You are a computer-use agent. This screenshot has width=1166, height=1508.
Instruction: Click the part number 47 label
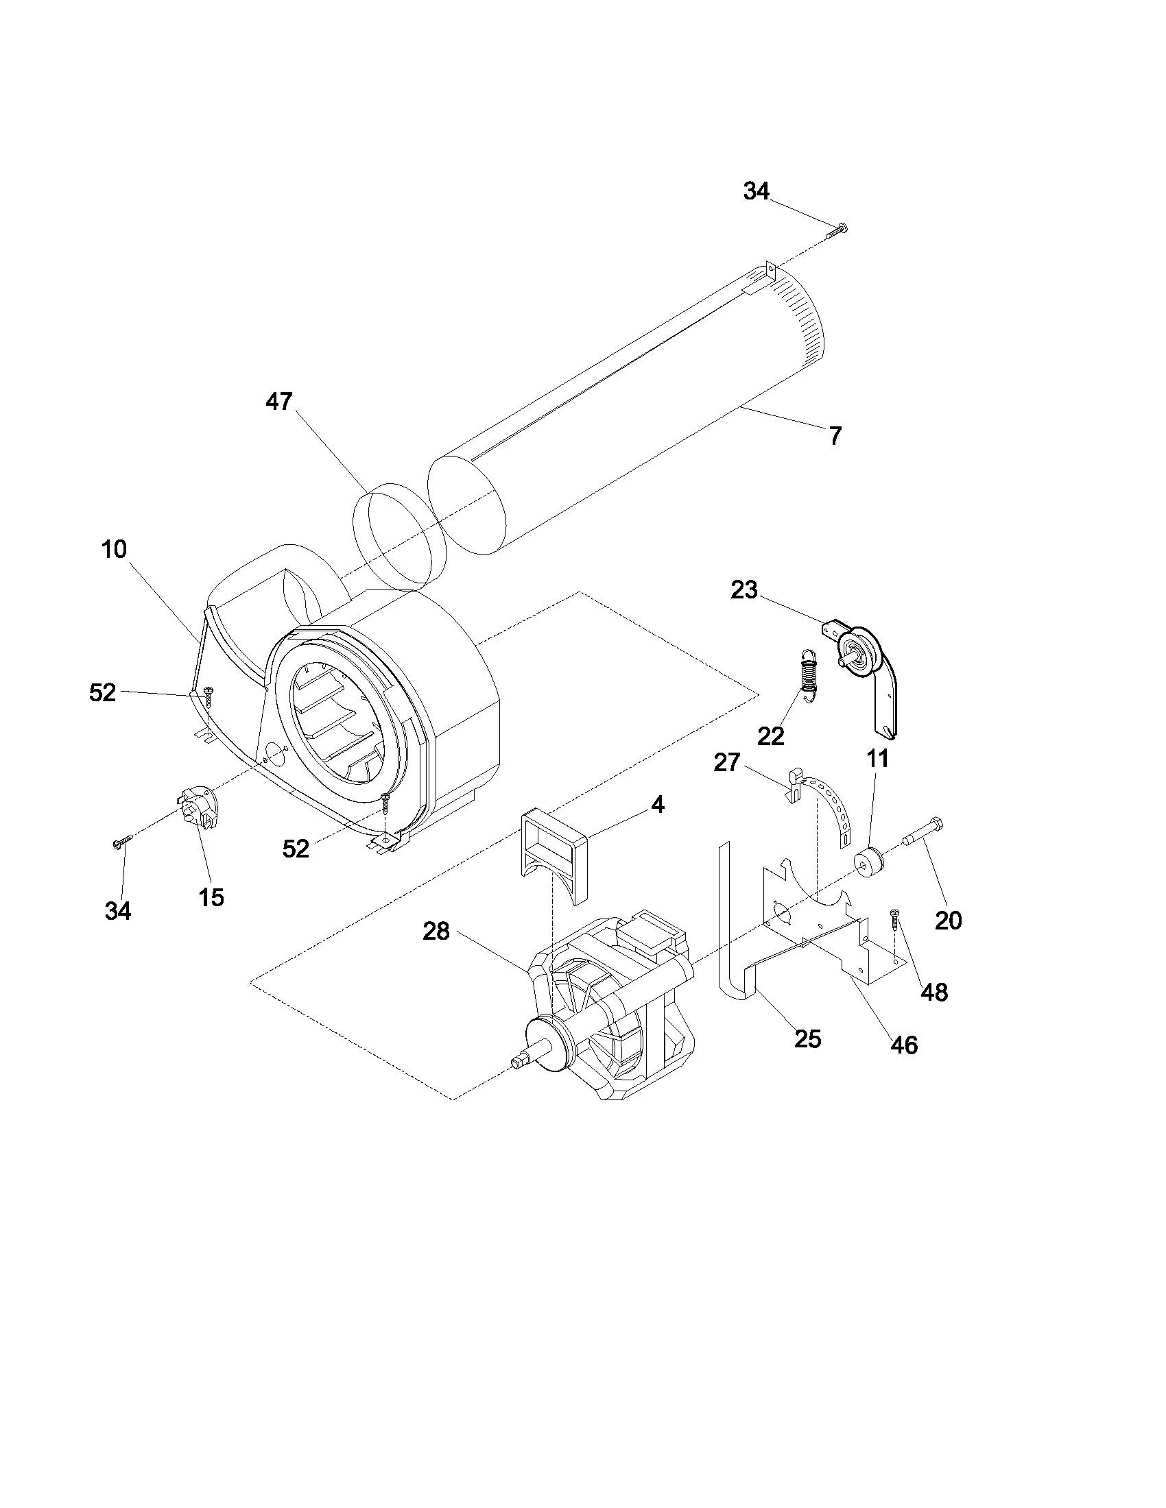tap(279, 402)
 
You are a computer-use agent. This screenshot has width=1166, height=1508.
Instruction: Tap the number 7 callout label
tap(835, 437)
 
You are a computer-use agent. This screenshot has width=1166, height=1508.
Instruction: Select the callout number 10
tap(114, 550)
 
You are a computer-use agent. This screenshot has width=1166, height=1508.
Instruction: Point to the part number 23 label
tap(744, 590)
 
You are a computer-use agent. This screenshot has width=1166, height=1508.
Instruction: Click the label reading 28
tap(436, 932)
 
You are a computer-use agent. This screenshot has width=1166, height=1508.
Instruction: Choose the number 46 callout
tap(903, 1045)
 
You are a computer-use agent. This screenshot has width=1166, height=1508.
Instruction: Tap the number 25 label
tap(807, 1038)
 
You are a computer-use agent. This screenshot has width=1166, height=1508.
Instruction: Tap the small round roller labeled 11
tap(869, 864)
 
